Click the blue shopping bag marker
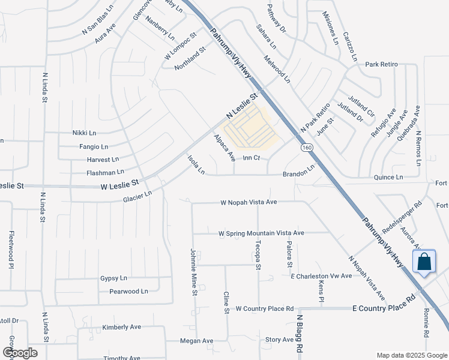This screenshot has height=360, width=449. tap(424, 262)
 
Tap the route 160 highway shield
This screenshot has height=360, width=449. tap(307, 148)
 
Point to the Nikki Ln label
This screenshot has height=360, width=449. tap(83, 133)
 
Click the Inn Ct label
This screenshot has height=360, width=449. tap(251, 158)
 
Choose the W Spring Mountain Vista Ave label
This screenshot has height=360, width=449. tap(261, 233)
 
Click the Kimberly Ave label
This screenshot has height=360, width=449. tap(121, 327)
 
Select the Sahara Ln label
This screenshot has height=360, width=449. tap(266, 37)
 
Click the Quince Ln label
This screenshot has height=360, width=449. tap(388, 177)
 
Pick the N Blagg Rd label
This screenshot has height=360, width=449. tap(298, 335)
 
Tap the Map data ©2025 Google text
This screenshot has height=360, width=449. tap(412, 355)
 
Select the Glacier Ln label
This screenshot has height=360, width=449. tap(137, 196)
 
